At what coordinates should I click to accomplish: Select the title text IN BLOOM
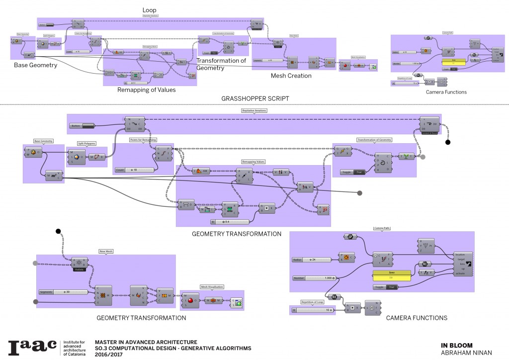(456, 345)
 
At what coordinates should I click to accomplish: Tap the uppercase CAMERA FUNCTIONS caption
(416, 318)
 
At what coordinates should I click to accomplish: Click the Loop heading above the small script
(150, 10)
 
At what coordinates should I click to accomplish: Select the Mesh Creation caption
(291, 76)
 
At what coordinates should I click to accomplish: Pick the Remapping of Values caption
(146, 90)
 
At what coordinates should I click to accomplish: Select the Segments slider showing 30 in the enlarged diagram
(63, 291)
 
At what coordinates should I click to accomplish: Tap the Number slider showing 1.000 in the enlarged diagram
(313, 278)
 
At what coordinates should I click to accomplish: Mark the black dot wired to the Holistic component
(58, 231)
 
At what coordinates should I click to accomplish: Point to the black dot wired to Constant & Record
(447, 143)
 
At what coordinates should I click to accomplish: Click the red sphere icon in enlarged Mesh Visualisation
(193, 300)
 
